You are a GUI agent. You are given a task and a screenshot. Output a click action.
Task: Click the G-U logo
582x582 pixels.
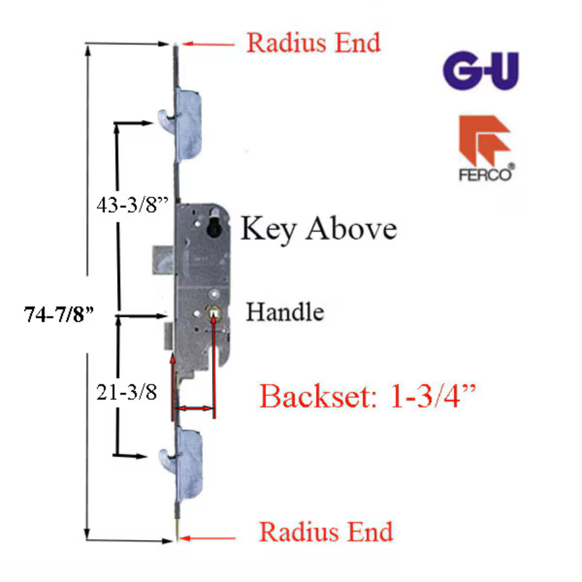coord(480,72)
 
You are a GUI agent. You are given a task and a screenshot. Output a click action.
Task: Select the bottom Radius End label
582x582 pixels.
coord(326,532)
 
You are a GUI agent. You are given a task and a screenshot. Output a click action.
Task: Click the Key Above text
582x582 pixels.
coord(319,229)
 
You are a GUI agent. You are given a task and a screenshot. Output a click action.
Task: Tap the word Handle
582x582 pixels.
coord(285,313)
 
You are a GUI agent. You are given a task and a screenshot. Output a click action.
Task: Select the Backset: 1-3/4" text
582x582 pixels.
coord(367,396)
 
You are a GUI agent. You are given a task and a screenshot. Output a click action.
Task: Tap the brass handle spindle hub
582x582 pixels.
coord(213,314)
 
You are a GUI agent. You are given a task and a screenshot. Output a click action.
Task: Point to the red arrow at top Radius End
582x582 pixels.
coord(207,44)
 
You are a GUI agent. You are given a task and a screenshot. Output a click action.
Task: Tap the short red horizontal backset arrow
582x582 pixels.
coord(195,409)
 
